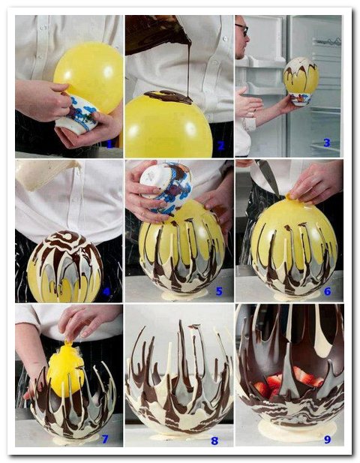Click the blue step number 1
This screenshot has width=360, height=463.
tap(109, 144)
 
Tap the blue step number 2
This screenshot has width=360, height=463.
tap(220, 146)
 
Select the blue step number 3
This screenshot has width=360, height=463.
tap(327, 143)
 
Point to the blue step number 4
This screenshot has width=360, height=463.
tap(106, 292)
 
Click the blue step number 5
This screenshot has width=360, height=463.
tap(219, 291)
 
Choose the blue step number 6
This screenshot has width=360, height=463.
tap(327, 291)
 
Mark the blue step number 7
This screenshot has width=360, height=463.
tap(105, 439)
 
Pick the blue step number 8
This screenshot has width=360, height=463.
tap(214, 440)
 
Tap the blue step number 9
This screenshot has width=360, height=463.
tap(327, 440)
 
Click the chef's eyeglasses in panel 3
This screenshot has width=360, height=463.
tap(242, 29)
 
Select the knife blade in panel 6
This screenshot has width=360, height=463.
tap(268, 176)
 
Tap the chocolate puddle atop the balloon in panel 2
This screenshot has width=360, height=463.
tap(169, 97)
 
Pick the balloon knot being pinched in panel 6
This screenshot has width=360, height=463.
tap(290, 197)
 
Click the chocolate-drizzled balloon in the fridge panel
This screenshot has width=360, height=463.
tap(301, 75)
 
